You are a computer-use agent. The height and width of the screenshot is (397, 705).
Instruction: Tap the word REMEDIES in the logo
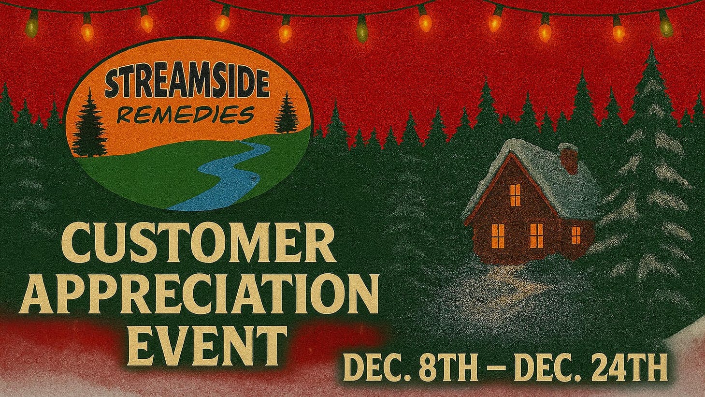point(186,114)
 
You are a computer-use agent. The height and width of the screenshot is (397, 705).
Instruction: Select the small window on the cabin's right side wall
point(576,235)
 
